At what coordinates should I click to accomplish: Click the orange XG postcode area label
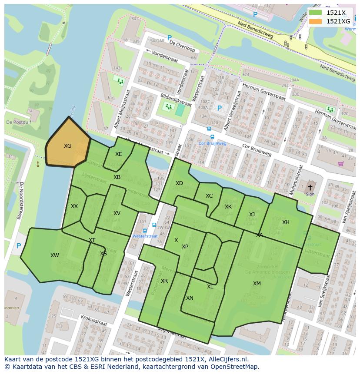[67, 146]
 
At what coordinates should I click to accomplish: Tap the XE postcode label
[118, 154]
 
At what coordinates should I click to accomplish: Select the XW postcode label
[54, 255]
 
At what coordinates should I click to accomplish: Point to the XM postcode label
[257, 284]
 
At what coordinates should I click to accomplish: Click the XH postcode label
[286, 222]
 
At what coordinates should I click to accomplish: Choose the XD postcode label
[179, 183]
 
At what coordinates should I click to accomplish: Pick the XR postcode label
[164, 281]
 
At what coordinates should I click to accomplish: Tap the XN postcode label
[190, 298]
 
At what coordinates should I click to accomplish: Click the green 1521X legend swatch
[316, 13]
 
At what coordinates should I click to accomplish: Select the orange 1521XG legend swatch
[316, 21]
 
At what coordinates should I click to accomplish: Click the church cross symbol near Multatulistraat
[310, 187]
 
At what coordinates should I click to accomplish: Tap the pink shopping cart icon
[340, 164]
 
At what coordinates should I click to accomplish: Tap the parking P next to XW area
[19, 246]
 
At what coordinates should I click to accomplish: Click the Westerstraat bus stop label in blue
[145, 236]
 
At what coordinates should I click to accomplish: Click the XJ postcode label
[252, 215]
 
